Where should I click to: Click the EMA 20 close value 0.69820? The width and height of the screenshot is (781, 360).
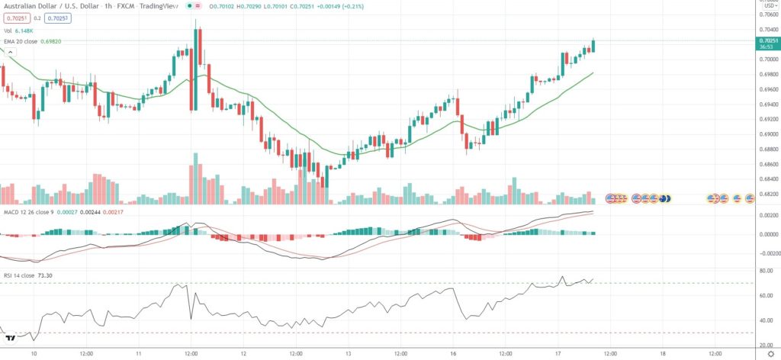pos(51,40)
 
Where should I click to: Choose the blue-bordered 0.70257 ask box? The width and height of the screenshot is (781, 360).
pos(57,18)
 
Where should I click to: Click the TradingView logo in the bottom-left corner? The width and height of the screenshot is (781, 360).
pos(11,338)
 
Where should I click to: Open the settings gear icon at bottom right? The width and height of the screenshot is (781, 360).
pos(770,354)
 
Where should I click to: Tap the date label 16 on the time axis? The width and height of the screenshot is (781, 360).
pos(453,354)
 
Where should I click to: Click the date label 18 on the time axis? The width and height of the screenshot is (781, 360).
pos(662,354)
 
